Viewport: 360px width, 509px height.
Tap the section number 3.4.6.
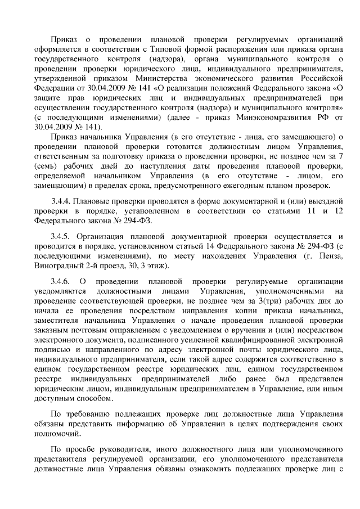click(x=61, y=281)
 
